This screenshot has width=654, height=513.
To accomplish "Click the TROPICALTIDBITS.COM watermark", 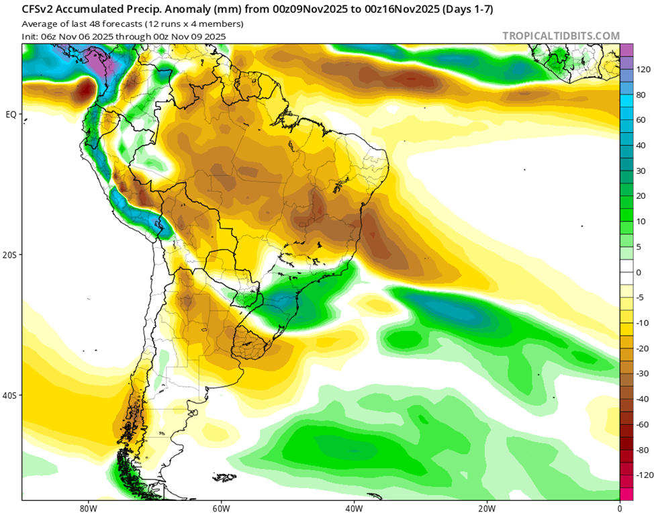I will (561, 36).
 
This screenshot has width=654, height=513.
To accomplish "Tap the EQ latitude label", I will (11, 114).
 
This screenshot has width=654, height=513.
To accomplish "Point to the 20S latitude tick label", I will (9, 255).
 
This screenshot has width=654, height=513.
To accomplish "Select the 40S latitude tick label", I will (9, 395).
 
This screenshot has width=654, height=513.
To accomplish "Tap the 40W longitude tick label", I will (354, 506).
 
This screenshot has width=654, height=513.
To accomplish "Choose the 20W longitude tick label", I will (487, 506).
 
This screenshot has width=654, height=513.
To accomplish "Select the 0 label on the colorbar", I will (639, 272).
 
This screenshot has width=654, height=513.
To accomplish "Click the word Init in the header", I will (30, 36).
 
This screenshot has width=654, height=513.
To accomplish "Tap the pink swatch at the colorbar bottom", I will (626, 494).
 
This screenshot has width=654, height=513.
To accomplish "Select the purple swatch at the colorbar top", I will (626, 50).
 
